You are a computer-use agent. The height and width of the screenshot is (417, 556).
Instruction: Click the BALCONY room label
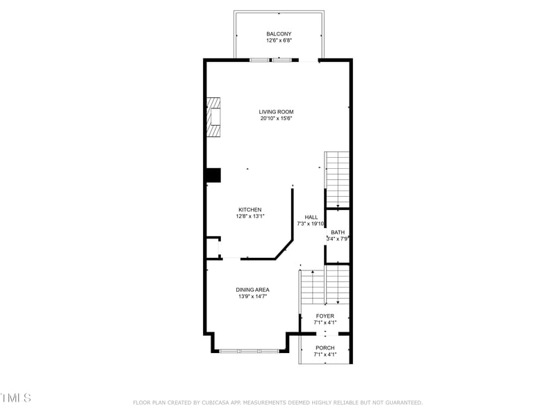coord(279,34)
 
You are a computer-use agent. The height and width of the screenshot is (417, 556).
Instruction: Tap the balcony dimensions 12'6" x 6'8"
coord(279,41)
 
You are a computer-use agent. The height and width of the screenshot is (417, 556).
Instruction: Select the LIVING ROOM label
coord(277,112)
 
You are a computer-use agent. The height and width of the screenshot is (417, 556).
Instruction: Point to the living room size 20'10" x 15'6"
coord(277,119)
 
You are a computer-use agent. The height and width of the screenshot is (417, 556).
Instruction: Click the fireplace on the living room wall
coord(213,117)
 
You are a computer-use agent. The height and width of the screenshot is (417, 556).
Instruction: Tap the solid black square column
coord(213,175)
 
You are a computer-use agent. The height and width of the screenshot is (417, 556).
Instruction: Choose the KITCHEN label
coord(250,210)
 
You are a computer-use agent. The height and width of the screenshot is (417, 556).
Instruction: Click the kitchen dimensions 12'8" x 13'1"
coord(250,217)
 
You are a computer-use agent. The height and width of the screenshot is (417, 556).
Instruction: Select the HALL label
coord(311,217)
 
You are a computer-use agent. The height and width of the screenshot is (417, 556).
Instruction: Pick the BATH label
coord(338,232)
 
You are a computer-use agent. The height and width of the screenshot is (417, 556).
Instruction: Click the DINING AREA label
coord(252,290)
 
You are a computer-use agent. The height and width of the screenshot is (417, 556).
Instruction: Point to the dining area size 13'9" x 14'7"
coord(252,297)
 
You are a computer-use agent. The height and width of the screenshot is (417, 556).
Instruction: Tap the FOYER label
coord(325,316)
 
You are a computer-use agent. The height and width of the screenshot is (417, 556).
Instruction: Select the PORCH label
coord(325,347)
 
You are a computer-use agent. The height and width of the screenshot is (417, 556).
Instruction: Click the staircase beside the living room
coord(337,179)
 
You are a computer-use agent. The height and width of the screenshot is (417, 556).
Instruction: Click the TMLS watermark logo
coord(15,398)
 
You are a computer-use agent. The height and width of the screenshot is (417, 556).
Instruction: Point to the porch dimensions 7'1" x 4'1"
coord(325,354)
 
